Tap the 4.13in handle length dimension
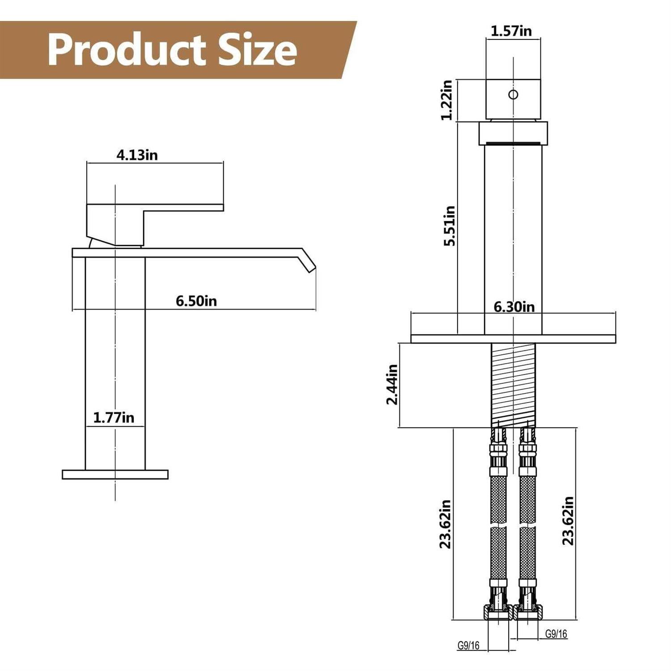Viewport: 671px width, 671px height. point(137,155)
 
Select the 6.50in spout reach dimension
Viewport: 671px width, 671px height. point(196,301)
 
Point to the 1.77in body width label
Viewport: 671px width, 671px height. point(114,418)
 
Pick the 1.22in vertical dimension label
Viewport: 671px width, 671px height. point(447,100)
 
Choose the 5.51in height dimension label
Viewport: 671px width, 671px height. point(449,226)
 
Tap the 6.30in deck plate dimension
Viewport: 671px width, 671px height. point(514,307)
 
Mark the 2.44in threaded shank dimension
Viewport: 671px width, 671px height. point(392,384)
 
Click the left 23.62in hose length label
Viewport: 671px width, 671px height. point(445,524)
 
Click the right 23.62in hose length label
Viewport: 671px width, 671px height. point(568,521)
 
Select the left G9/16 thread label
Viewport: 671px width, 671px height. point(468,646)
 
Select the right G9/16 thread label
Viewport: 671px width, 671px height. point(556,634)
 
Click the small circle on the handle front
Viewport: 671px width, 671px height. point(513,94)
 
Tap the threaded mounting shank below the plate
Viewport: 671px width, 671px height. point(513,385)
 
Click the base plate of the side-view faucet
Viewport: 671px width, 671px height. point(115,475)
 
